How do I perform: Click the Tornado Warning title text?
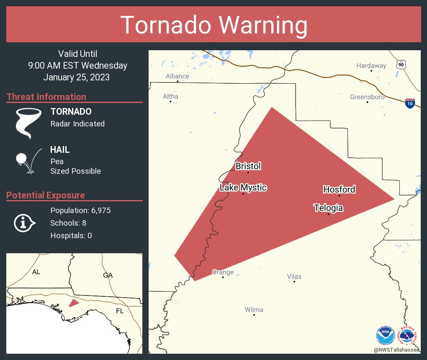click(x=213, y=25)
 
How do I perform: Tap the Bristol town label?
click(x=248, y=166)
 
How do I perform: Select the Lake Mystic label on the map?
click(x=243, y=188)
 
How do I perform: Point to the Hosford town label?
click(x=339, y=190)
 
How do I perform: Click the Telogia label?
click(x=329, y=208)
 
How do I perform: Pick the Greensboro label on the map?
click(x=367, y=97)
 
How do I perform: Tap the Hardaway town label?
click(x=371, y=66)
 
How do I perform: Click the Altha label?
click(x=170, y=97)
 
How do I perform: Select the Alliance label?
click(x=177, y=76)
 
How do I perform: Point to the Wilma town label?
click(x=254, y=310)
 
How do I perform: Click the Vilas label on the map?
click(x=294, y=277)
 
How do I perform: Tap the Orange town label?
click(x=223, y=272)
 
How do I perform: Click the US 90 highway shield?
click(x=401, y=64)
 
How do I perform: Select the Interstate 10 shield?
click(x=410, y=103)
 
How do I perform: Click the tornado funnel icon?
click(x=28, y=123)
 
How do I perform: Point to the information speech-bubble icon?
click(x=24, y=223)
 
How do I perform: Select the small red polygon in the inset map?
click(x=74, y=303)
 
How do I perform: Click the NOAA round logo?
click(x=385, y=335)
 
